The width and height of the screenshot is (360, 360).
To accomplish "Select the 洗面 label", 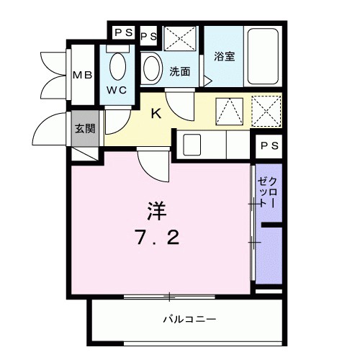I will (x=180, y=72).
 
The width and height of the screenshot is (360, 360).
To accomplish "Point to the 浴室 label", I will (x=224, y=57).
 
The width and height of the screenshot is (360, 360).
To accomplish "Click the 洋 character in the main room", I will (x=157, y=211).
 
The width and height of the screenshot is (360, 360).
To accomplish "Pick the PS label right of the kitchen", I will (x=269, y=145).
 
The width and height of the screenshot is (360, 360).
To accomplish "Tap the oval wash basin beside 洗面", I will (x=152, y=69).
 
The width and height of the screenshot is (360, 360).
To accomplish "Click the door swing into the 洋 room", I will (x=153, y=164).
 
